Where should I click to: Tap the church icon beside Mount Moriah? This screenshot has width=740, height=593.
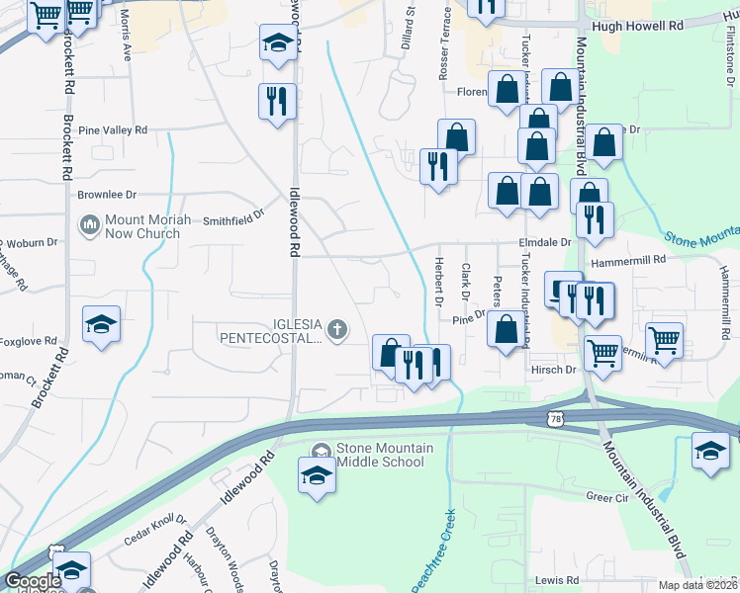click(89, 226)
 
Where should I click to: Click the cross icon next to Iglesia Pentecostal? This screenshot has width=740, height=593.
click(337, 330)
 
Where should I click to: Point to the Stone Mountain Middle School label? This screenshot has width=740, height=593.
click(384, 455)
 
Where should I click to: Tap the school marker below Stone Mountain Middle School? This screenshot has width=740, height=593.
click(317, 475)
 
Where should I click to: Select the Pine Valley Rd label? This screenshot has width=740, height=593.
click(112, 130)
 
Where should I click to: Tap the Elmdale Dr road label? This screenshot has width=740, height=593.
click(543, 242)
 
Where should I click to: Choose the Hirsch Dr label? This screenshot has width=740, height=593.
click(555, 370)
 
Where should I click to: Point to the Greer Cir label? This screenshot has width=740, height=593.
click(606, 497)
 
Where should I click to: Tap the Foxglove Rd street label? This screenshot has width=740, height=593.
click(28, 342)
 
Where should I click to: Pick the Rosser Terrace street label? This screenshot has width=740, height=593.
click(445, 45)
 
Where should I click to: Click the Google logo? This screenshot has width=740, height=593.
click(33, 581)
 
